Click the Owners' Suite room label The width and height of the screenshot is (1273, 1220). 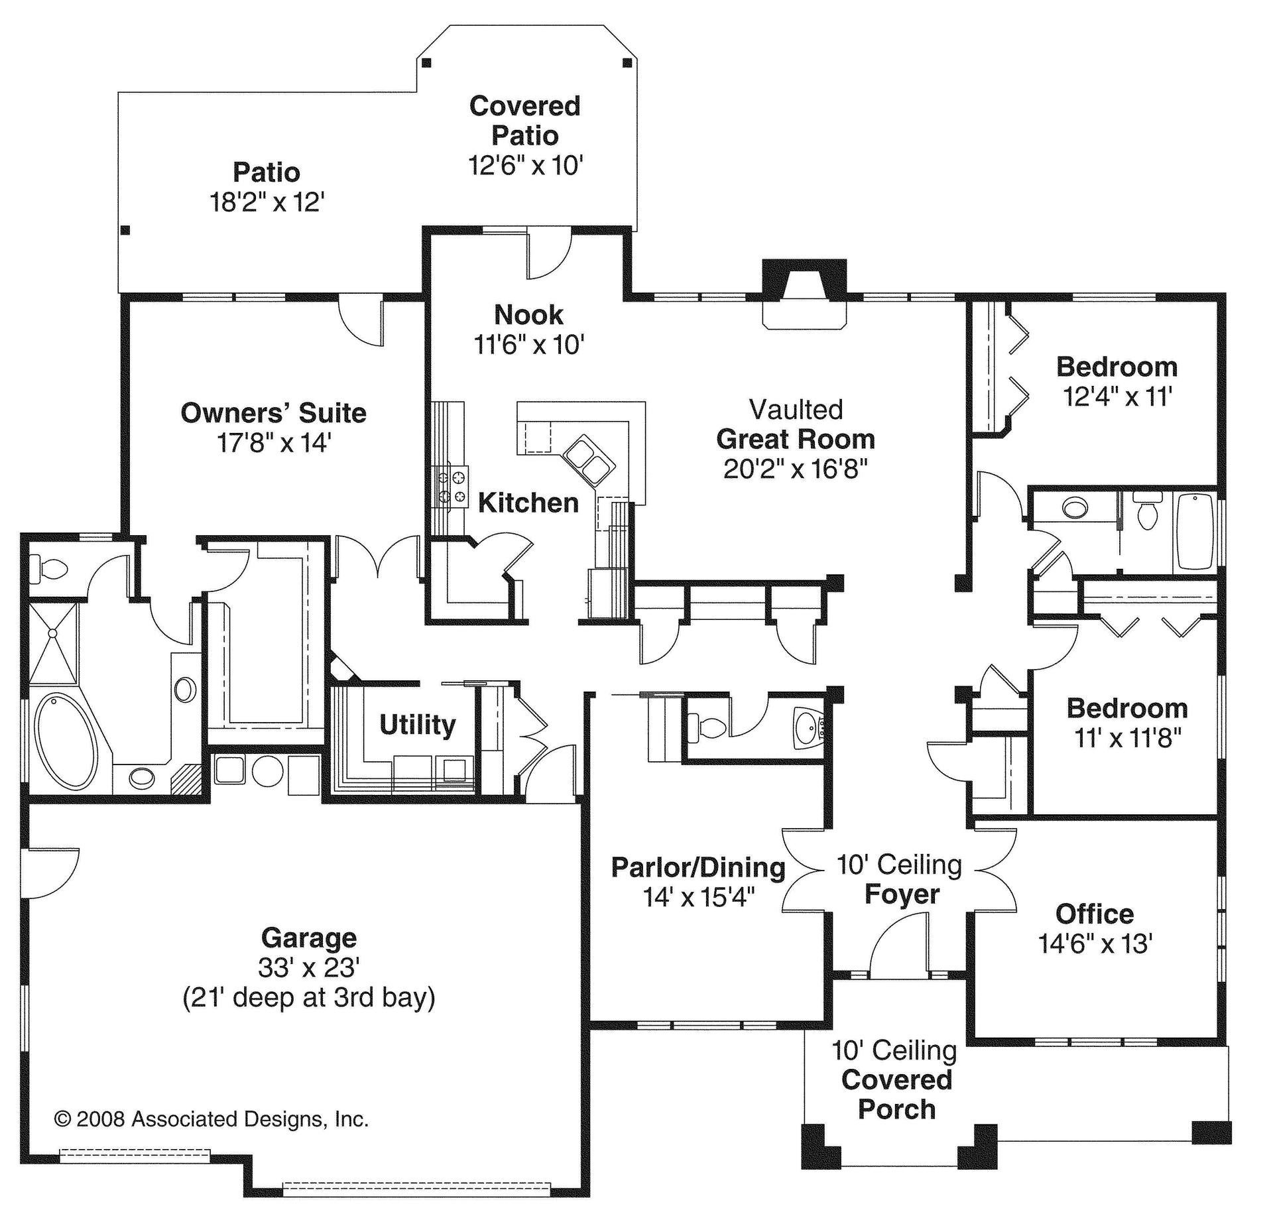point(273,413)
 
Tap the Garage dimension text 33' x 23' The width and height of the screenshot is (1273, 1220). point(308,968)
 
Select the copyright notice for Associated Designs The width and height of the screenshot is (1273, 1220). point(211,1119)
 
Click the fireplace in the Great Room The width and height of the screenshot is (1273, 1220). point(804,292)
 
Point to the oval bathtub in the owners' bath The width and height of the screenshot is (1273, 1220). point(65,741)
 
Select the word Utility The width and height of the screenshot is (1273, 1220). point(417,725)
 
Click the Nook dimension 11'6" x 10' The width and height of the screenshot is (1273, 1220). point(528,345)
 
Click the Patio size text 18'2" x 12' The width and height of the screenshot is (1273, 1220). point(267,202)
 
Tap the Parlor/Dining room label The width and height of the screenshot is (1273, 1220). point(697,867)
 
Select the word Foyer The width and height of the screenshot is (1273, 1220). point(902,894)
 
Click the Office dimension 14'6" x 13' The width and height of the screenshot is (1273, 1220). point(1095,944)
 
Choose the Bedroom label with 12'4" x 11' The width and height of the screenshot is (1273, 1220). point(1117,367)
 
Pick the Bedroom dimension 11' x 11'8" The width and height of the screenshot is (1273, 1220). point(1128,738)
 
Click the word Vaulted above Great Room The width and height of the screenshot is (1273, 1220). point(796,410)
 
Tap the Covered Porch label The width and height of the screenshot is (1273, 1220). point(896,1095)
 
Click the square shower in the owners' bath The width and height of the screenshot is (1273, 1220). point(53,642)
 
